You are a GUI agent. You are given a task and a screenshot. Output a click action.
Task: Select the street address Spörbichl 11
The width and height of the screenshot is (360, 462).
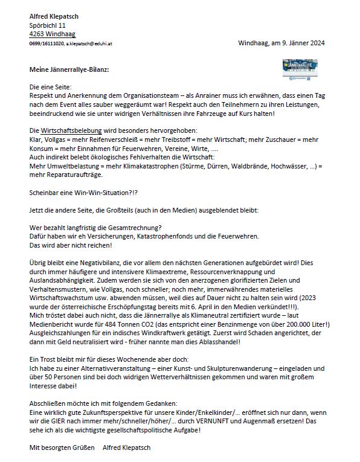click(48, 25)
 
